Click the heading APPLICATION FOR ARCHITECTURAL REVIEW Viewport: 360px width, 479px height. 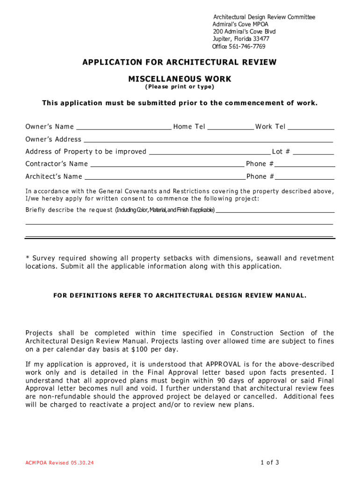180,62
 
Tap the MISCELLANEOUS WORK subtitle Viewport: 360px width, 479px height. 180,79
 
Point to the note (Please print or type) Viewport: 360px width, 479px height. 180,87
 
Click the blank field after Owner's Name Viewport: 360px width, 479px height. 123,127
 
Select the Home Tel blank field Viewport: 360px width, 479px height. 230,127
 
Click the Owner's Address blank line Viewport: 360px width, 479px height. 208,139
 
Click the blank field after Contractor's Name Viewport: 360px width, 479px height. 167,164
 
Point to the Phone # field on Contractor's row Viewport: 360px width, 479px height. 305,164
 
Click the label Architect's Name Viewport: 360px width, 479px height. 54,177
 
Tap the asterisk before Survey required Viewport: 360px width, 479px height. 27,258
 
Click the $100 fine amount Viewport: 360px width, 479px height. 139,350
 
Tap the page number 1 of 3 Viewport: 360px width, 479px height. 270,463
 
